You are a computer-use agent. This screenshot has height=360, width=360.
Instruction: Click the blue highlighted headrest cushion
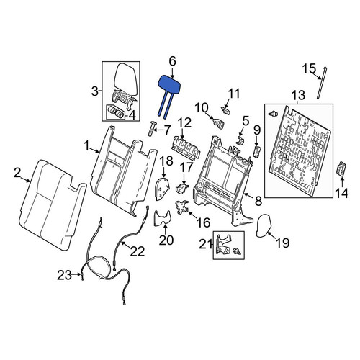(x=169, y=84)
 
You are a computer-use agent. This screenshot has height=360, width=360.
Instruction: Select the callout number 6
(x=172, y=61)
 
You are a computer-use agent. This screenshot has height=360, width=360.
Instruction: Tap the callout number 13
(x=297, y=96)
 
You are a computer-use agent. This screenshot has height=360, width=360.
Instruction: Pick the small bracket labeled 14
(x=341, y=169)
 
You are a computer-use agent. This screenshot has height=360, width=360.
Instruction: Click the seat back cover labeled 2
(x=53, y=206)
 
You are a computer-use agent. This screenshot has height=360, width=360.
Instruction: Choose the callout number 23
(x=64, y=275)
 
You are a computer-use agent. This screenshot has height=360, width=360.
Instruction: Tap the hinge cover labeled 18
(x=163, y=189)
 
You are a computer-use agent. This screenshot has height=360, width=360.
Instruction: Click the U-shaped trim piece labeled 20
(x=163, y=218)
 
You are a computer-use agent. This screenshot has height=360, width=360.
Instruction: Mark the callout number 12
(x=185, y=122)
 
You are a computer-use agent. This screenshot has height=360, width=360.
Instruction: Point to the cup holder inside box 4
(x=115, y=112)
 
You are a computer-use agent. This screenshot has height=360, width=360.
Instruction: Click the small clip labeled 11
(x=225, y=110)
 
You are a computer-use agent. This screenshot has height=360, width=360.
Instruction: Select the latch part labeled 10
(x=219, y=122)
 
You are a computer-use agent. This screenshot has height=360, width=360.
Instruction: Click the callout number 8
(x=258, y=201)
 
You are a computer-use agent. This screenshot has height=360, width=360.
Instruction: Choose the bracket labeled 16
(x=182, y=207)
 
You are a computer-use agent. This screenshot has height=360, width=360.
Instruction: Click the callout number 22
(x=138, y=251)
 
